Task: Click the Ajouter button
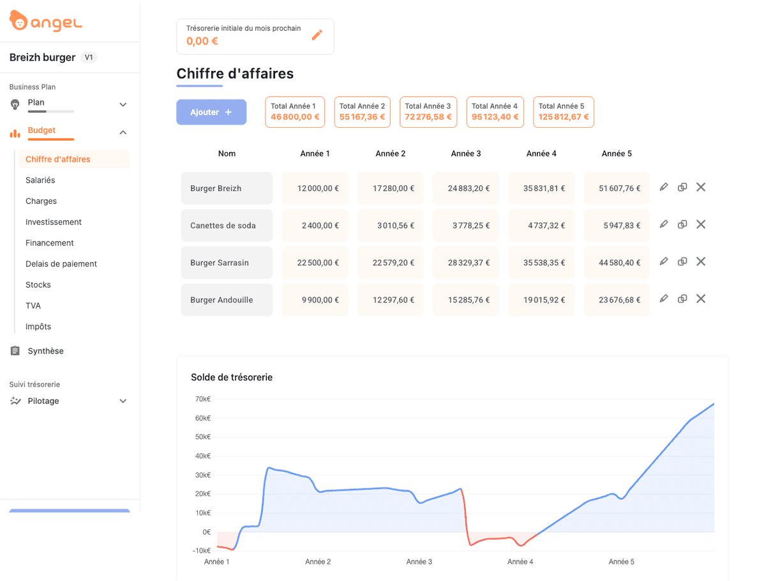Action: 211,112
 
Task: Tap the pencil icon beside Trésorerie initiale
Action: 317,35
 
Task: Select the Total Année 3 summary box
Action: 428,112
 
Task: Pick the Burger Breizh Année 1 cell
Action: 315,189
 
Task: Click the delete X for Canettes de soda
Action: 700,224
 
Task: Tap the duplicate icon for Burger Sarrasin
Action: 682,261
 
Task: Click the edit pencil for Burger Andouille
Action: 664,298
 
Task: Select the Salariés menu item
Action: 40,180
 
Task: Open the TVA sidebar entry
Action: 33,306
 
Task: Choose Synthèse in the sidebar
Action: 45,351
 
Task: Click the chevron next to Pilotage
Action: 123,401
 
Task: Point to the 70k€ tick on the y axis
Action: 202,399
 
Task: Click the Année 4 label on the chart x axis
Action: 520,562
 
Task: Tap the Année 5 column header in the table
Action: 617,153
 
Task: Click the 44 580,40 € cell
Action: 617,263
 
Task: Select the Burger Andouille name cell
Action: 227,300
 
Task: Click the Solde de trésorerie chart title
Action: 232,378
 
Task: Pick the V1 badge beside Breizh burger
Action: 89,58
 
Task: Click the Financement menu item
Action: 50,243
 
